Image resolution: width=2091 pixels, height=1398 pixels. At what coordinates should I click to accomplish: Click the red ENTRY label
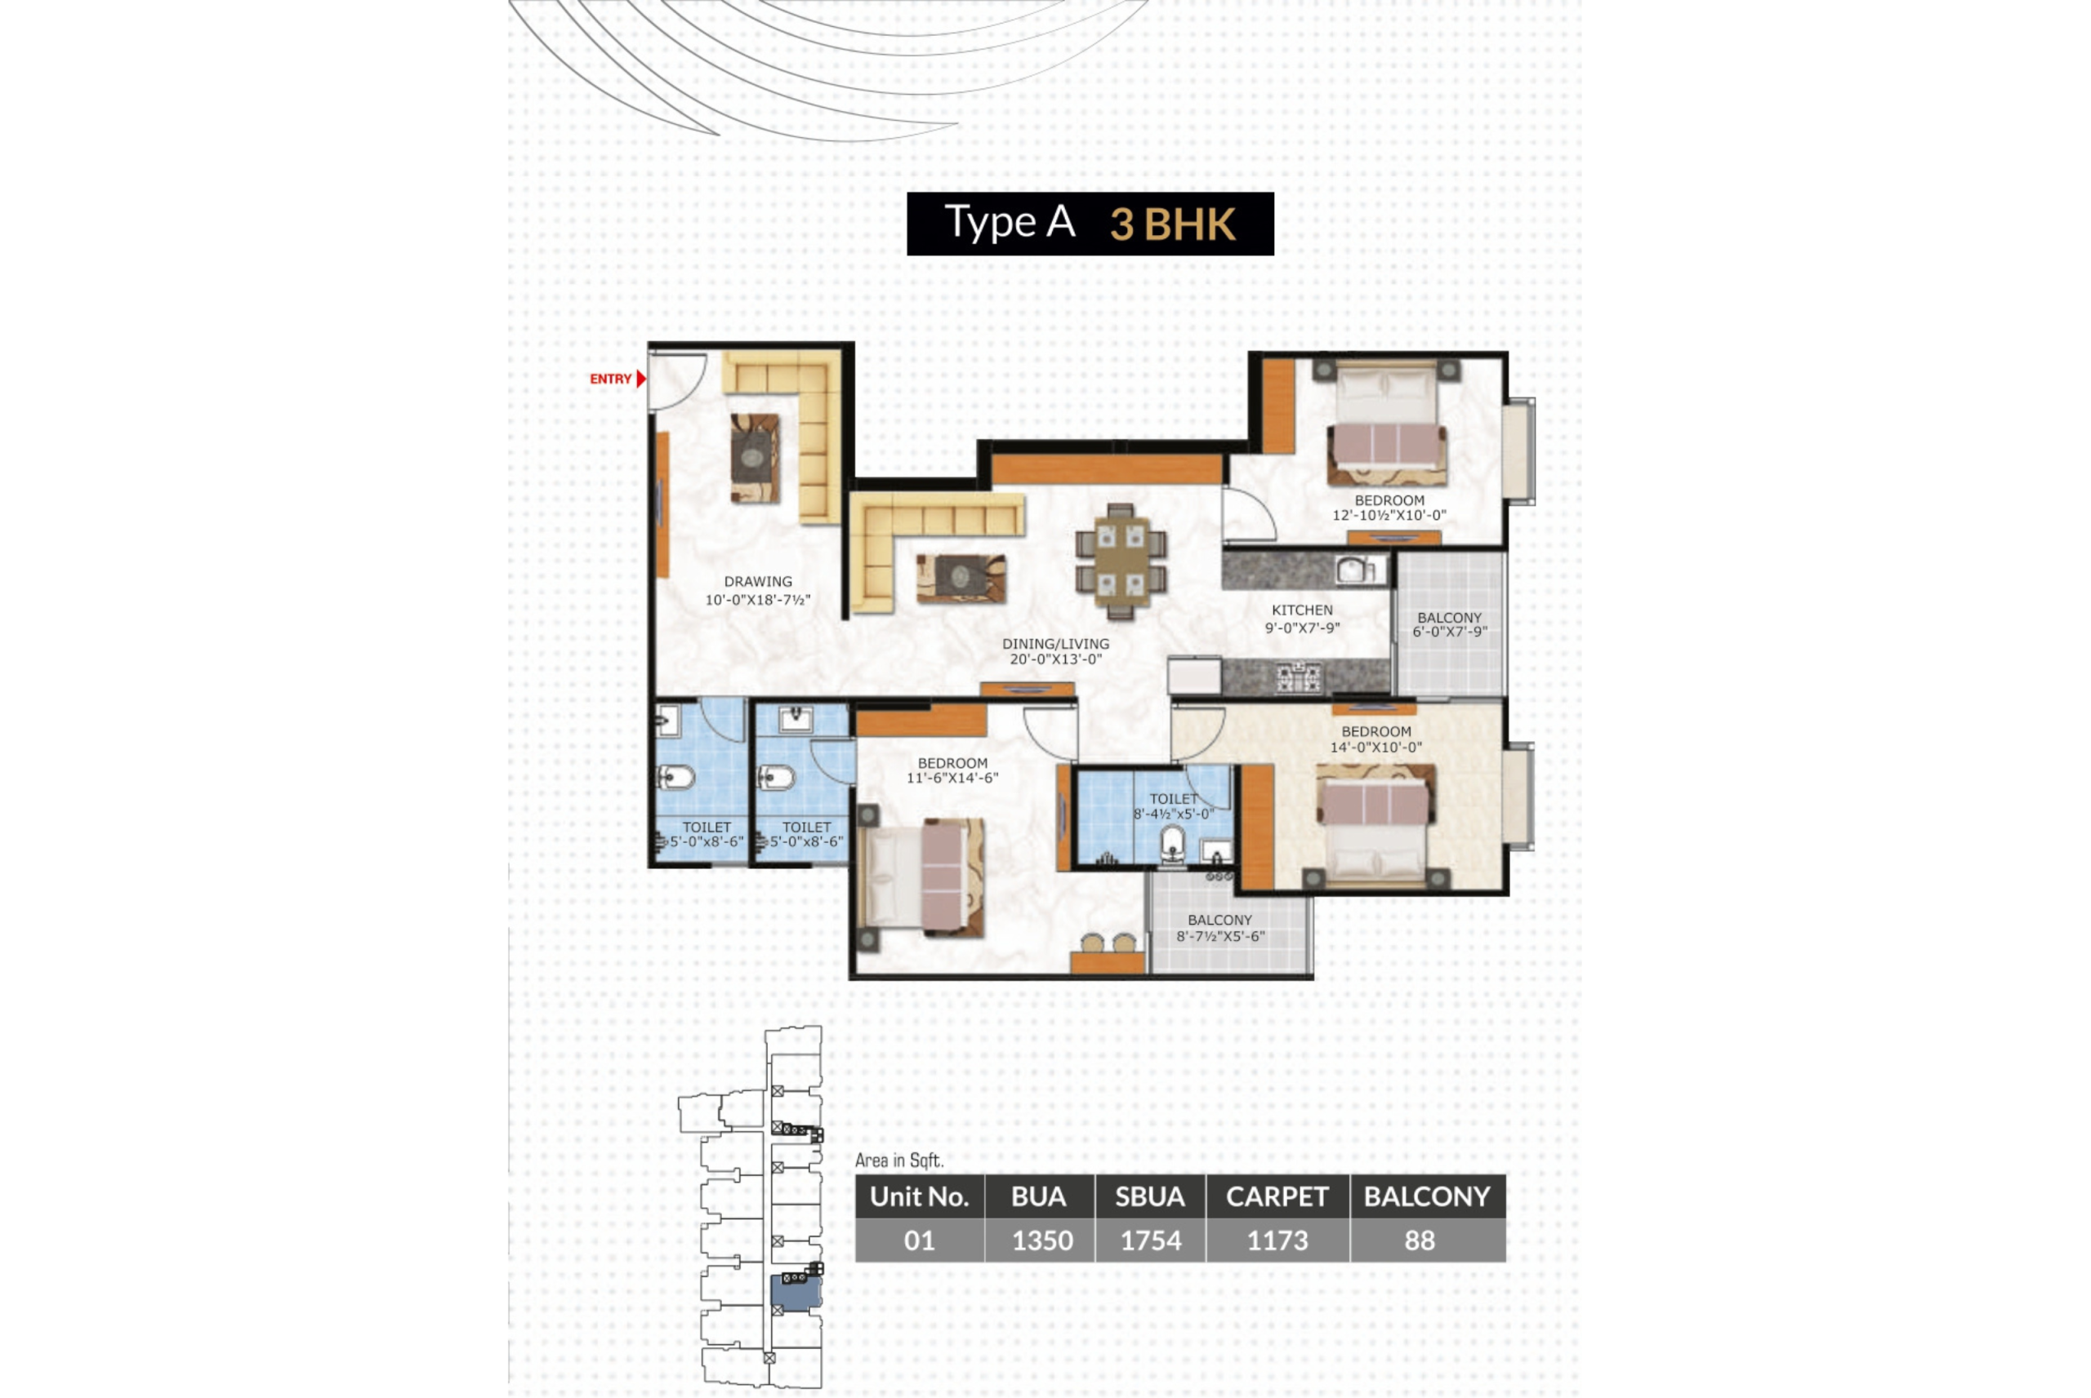[610, 379]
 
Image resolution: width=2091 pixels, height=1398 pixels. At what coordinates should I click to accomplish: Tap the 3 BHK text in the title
[1172, 224]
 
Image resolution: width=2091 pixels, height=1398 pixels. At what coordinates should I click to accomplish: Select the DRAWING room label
[757, 581]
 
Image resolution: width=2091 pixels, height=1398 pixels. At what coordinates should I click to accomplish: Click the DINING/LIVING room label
[1055, 644]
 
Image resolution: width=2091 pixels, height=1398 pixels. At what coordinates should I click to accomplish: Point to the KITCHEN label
[1301, 610]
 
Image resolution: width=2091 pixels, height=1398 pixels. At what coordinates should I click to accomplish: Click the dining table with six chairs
[1121, 561]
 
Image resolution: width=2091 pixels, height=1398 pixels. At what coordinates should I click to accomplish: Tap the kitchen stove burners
[1298, 678]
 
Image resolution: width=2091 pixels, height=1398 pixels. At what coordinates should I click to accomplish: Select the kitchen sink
[1354, 569]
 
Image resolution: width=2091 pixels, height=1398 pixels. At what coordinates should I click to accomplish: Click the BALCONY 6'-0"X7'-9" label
[1449, 624]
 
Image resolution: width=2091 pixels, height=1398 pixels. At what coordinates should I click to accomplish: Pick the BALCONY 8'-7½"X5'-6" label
[1219, 927]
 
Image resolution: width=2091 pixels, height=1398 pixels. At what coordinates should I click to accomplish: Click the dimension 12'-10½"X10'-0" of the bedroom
[1389, 515]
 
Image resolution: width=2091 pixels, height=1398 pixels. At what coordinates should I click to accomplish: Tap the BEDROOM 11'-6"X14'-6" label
[952, 770]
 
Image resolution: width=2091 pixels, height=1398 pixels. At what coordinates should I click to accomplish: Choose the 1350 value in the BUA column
[1041, 1240]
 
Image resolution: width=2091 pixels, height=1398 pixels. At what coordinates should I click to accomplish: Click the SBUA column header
[1150, 1196]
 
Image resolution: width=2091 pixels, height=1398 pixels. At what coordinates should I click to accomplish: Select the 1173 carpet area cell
[1277, 1240]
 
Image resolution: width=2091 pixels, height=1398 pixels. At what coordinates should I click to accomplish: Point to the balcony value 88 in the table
[1420, 1240]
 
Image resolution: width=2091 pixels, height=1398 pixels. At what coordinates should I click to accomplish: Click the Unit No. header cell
[919, 1196]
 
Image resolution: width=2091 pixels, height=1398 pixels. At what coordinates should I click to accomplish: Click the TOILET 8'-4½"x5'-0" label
[1173, 806]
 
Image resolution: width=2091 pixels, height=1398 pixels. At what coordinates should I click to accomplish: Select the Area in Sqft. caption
[898, 1160]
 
